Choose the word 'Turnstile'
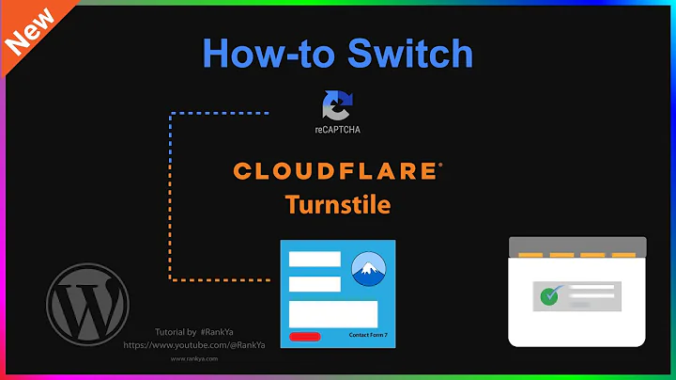point(338,203)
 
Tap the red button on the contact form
point(305,336)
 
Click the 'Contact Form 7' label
point(369,335)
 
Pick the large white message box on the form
point(333,313)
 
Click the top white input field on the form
point(315,260)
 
